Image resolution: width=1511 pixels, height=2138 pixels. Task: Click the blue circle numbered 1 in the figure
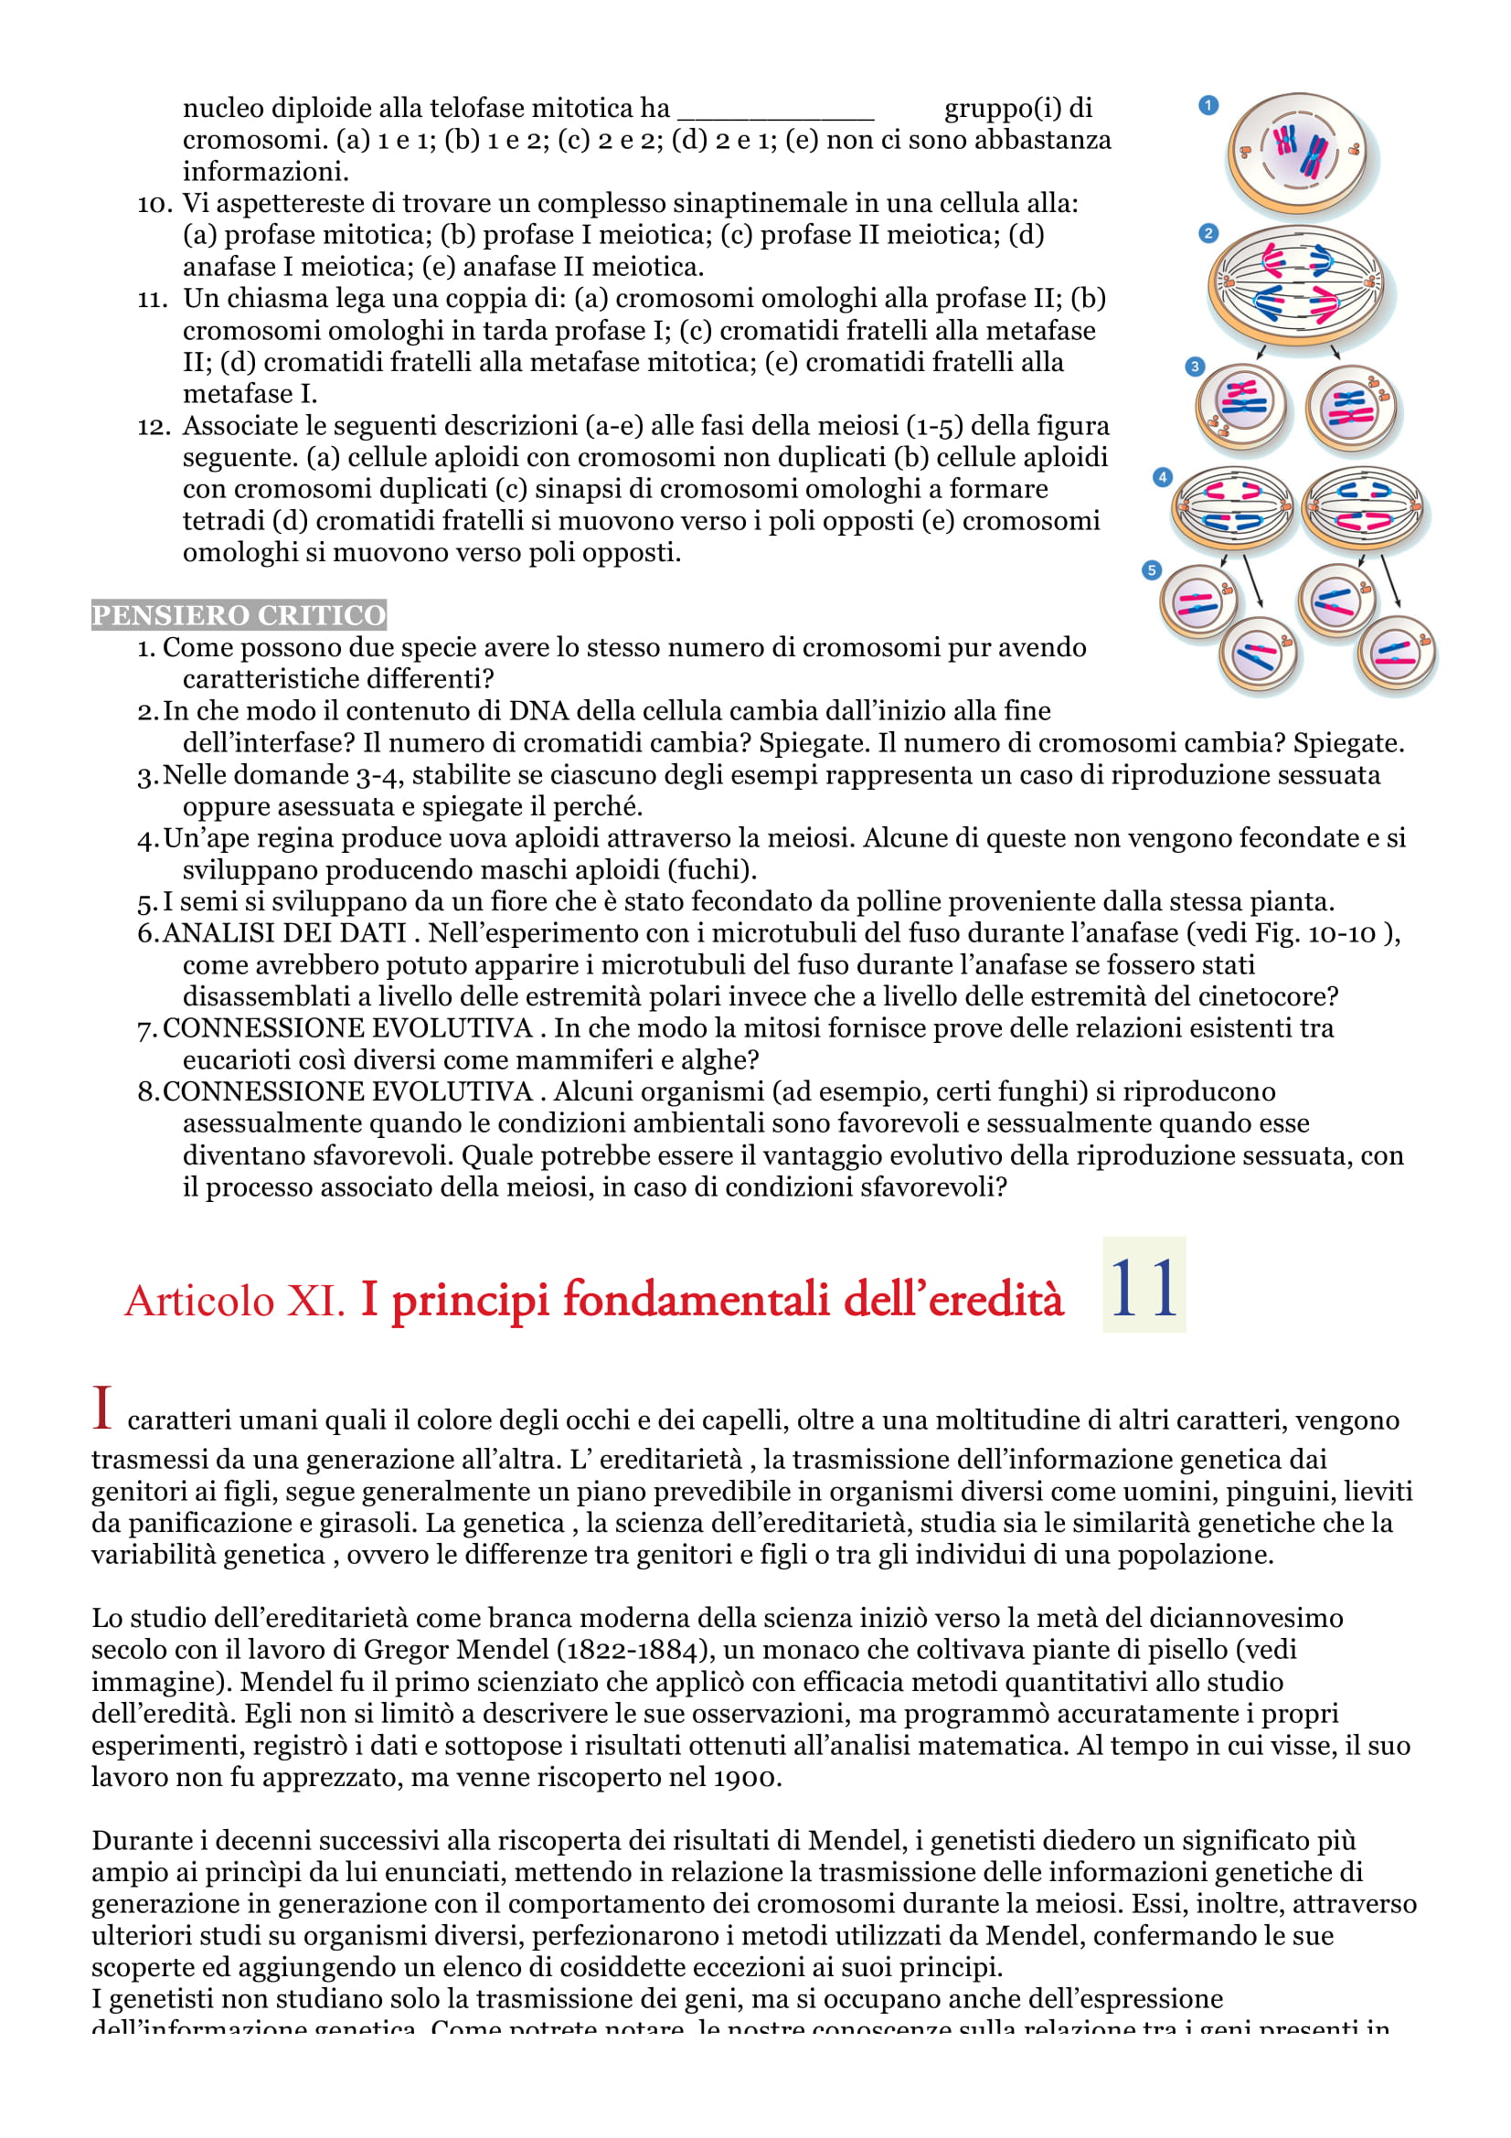(1208, 105)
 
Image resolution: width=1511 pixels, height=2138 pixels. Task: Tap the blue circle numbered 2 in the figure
(1208, 233)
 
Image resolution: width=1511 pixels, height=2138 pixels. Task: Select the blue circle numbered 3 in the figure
(1195, 367)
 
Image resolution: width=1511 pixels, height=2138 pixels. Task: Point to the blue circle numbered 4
(1162, 478)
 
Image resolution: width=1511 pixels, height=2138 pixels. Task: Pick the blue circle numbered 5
(1152, 569)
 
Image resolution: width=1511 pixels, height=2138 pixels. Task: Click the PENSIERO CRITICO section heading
(239, 615)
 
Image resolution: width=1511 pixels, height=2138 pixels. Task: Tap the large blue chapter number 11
(1144, 1288)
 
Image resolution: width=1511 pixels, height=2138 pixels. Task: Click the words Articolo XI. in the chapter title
(235, 1301)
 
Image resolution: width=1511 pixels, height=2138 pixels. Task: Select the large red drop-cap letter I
(102, 1408)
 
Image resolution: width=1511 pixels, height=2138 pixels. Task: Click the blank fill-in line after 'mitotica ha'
(774, 110)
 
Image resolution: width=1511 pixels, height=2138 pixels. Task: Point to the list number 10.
(154, 204)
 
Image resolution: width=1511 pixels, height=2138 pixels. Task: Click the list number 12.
(154, 427)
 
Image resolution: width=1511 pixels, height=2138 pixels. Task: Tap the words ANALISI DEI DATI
(284, 933)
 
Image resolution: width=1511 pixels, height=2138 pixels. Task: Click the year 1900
(748, 1778)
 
